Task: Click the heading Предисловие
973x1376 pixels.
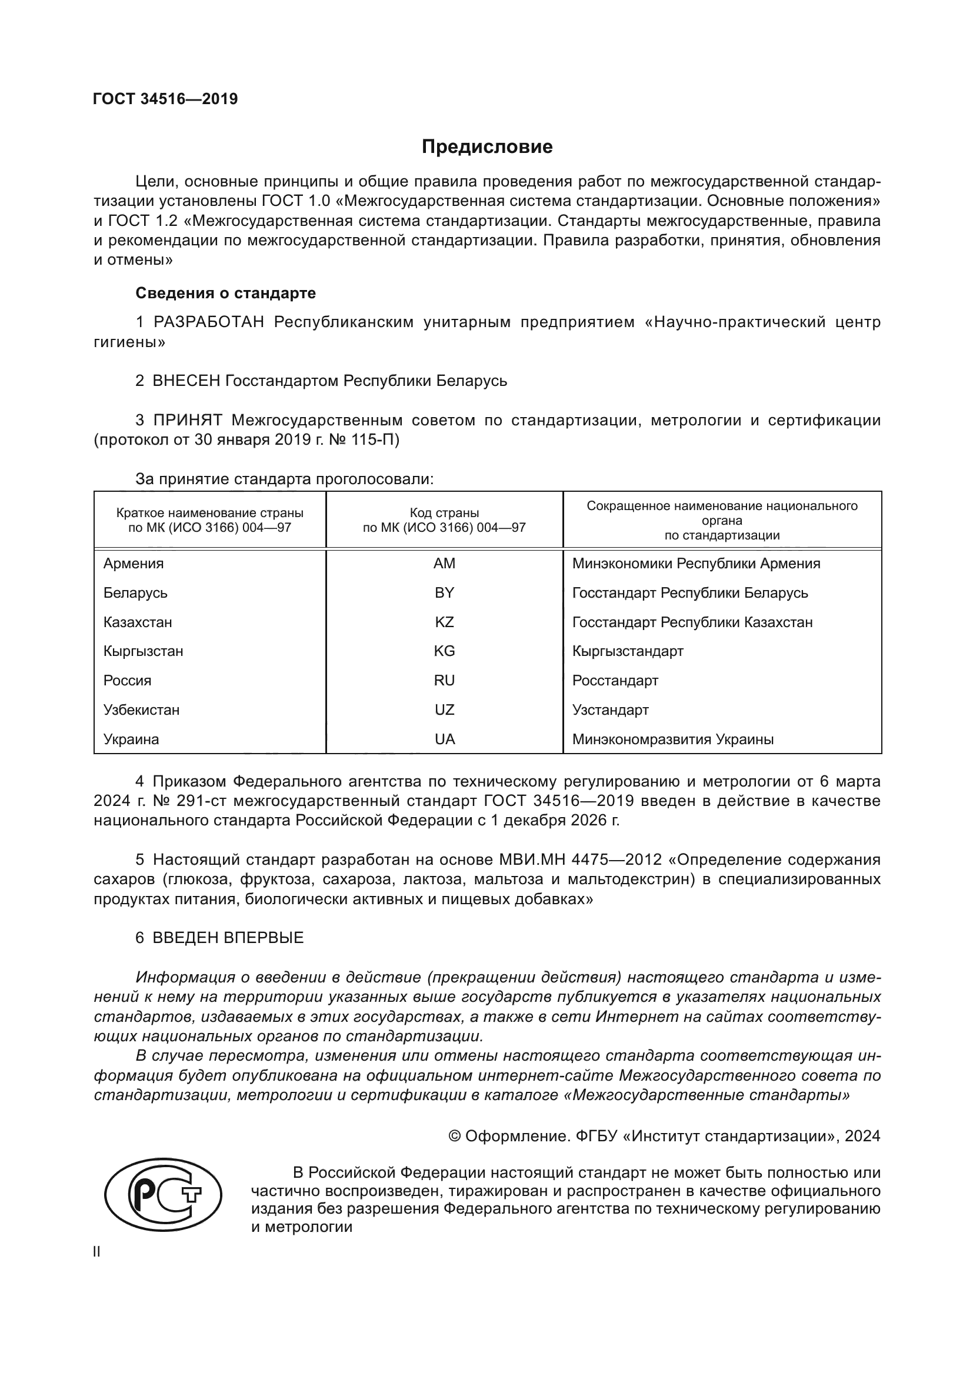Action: point(487,147)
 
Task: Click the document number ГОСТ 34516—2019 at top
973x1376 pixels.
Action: point(165,99)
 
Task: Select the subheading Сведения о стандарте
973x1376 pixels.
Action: point(225,293)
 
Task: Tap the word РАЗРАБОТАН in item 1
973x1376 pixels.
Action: point(208,322)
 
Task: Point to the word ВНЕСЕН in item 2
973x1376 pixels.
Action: point(186,381)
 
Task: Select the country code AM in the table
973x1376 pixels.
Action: point(444,564)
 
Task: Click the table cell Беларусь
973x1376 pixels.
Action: point(135,593)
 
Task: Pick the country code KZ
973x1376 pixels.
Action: point(444,622)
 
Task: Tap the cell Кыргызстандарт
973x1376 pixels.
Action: point(627,651)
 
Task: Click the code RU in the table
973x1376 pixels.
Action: point(444,680)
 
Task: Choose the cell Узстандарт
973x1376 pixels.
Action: point(610,709)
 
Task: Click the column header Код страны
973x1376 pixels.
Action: point(444,513)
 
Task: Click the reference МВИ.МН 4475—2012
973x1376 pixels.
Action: point(580,859)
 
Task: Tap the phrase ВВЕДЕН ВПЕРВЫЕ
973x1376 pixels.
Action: point(228,937)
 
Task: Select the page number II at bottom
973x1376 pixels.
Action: point(97,1252)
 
